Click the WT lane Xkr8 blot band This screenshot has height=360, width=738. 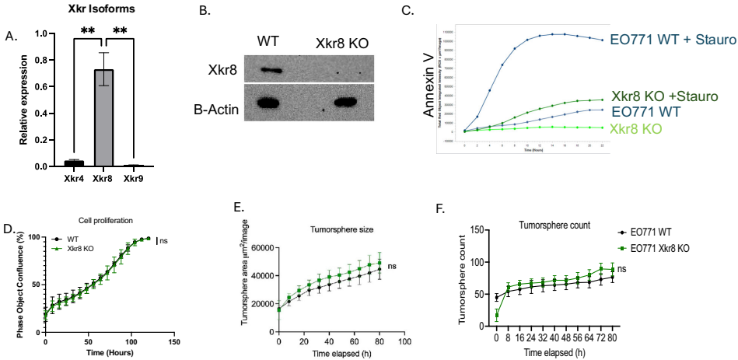(x=274, y=71)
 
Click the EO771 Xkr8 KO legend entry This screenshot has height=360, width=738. (x=665, y=248)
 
